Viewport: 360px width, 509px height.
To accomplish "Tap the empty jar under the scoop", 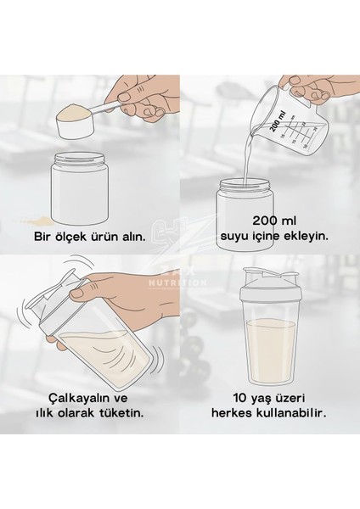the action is pyautogui.click(x=80, y=188).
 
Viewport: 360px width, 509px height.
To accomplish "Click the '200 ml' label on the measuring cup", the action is pyautogui.click(x=278, y=121).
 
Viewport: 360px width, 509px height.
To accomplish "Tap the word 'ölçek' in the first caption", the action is pyautogui.click(x=70, y=237).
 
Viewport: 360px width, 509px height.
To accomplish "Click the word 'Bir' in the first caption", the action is pyautogui.click(x=42, y=237).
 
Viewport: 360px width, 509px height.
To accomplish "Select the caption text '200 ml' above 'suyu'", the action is pyautogui.click(x=274, y=221).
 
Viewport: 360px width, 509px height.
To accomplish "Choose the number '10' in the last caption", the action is pyautogui.click(x=240, y=398).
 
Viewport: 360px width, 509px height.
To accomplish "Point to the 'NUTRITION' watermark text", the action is pyautogui.click(x=177, y=282).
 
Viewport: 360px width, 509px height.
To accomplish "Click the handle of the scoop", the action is pyautogui.click(x=104, y=107).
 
